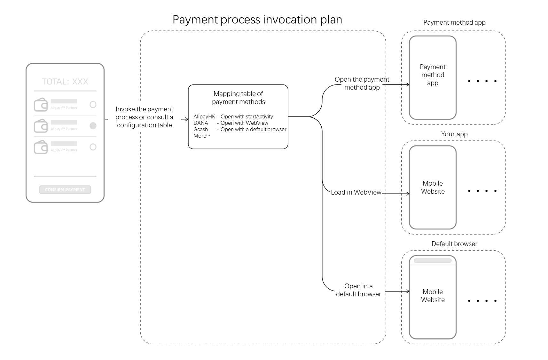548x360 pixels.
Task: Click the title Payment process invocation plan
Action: click(257, 20)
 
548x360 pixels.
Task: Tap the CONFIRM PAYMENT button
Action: click(65, 190)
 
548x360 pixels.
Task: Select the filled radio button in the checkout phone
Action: click(93, 126)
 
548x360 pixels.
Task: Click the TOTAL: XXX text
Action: click(65, 82)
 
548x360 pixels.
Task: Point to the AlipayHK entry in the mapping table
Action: click(204, 116)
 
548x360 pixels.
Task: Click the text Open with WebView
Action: click(244, 123)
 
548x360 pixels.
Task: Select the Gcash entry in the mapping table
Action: click(200, 129)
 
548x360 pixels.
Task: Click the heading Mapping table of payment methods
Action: click(238, 98)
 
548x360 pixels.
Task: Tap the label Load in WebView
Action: click(356, 192)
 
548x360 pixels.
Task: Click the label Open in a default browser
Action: click(358, 290)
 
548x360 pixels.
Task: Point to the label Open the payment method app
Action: click(362, 83)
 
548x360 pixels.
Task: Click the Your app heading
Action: click(454, 134)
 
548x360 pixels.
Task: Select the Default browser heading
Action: click(454, 244)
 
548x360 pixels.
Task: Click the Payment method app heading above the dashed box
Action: click(454, 22)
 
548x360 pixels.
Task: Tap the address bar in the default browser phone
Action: click(433, 260)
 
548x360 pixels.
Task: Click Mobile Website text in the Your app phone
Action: click(433, 187)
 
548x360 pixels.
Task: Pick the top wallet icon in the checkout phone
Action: click(41, 105)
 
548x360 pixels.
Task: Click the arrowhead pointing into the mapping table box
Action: click(187, 119)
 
